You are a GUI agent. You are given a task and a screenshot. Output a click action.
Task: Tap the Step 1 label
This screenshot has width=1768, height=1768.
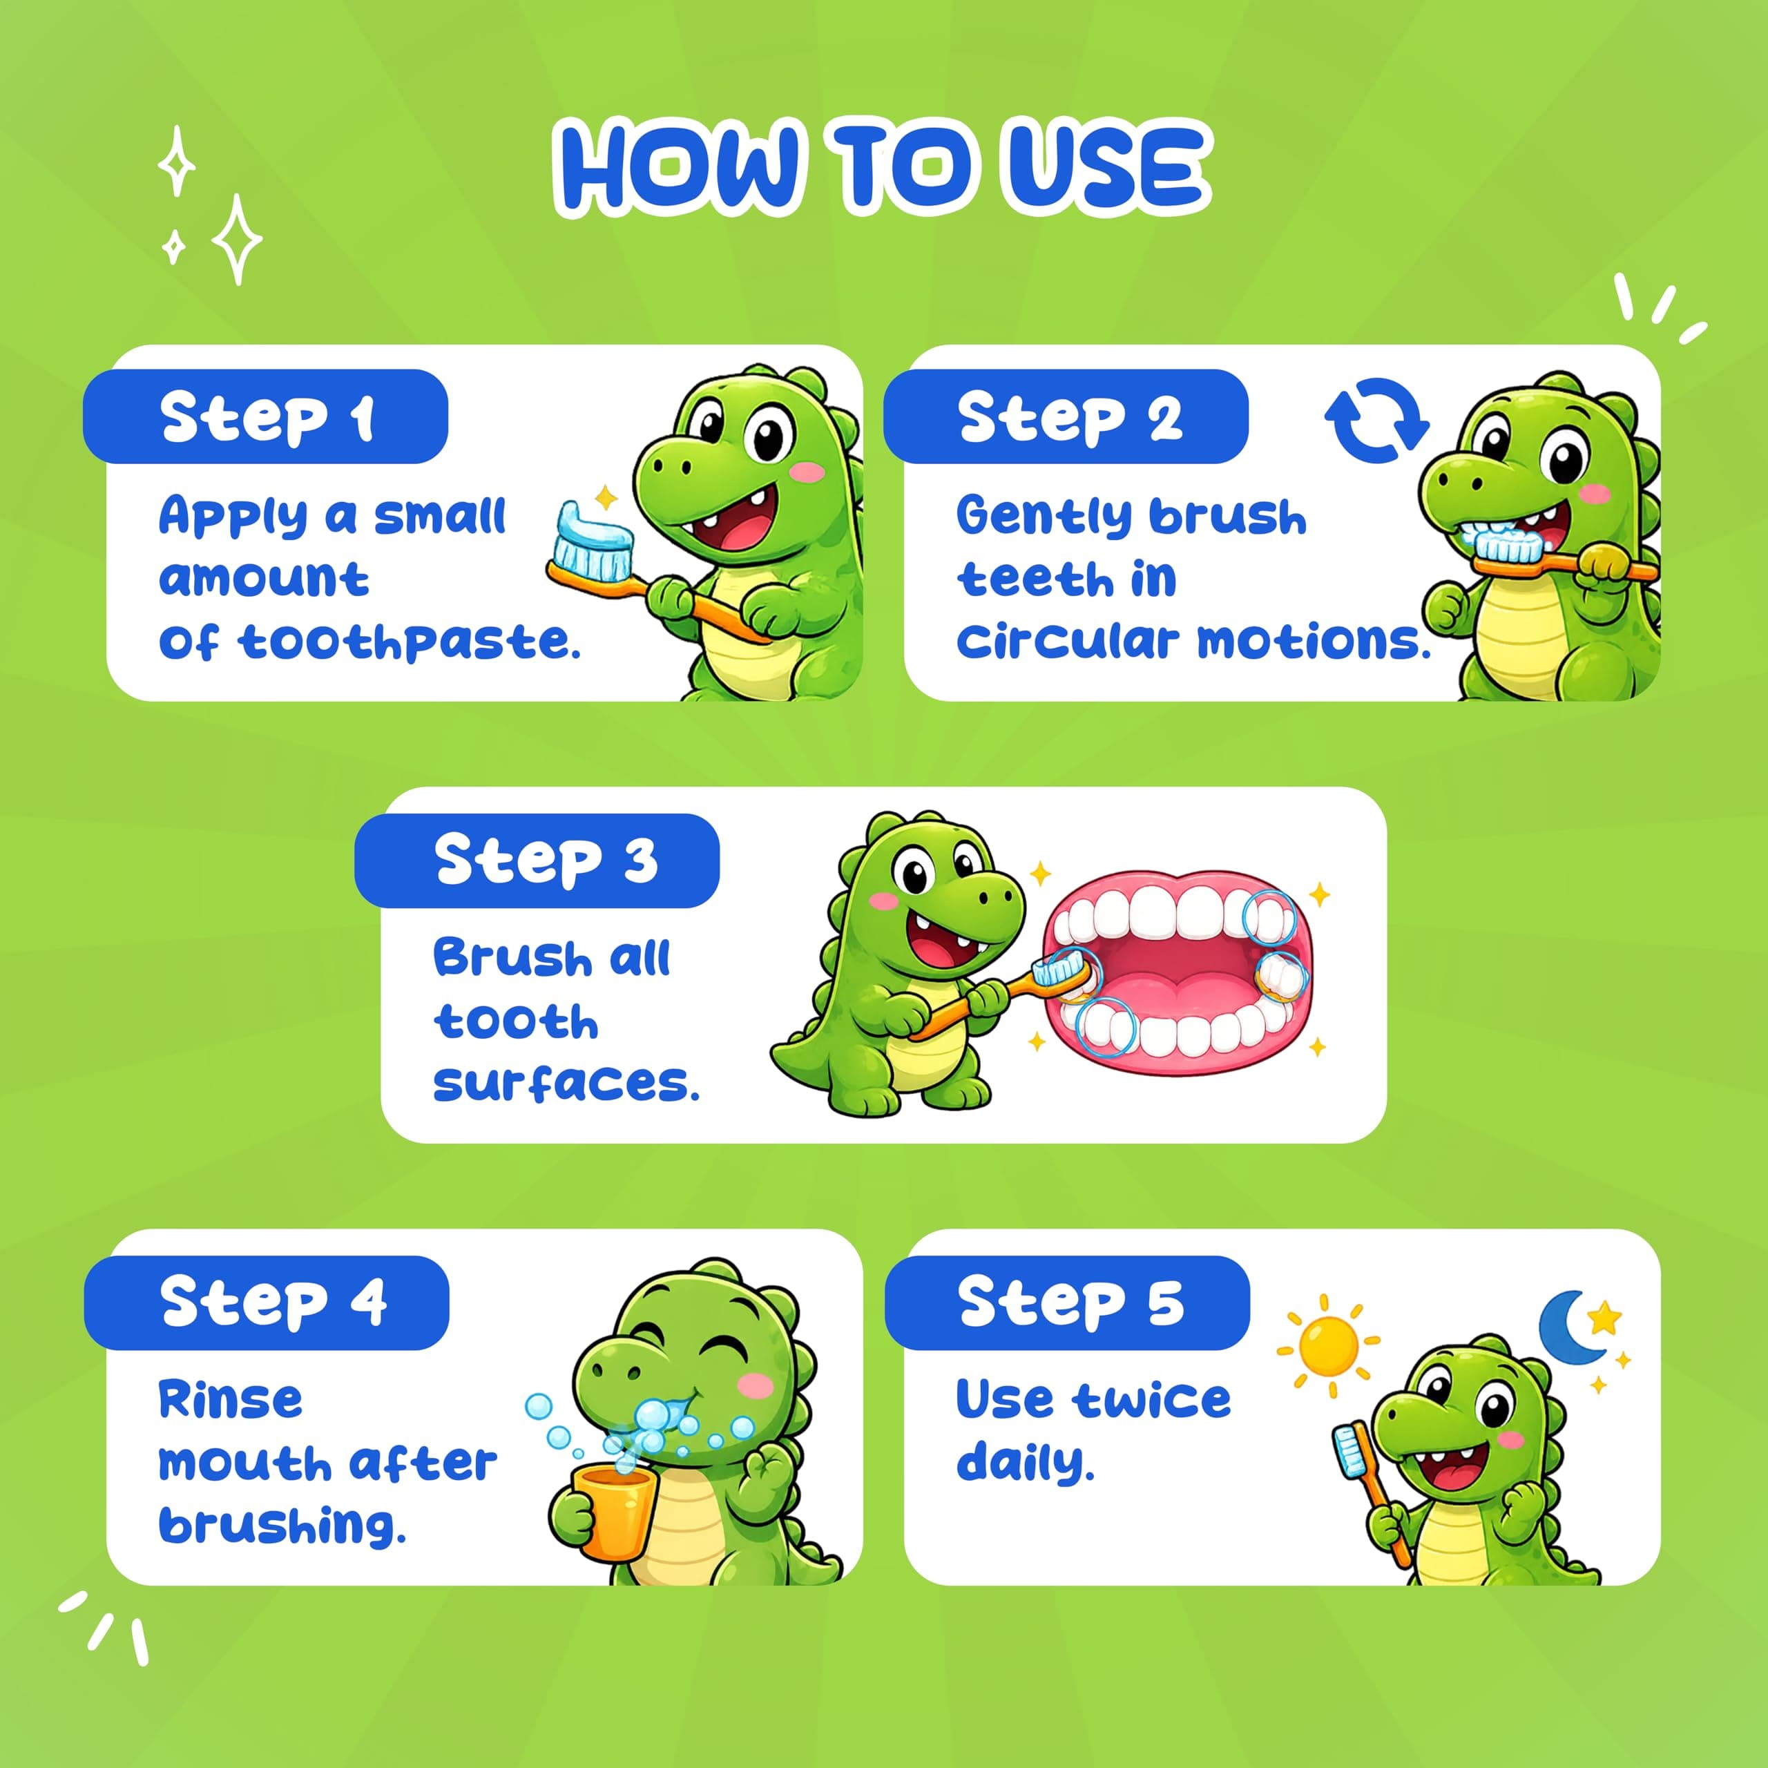(x=265, y=416)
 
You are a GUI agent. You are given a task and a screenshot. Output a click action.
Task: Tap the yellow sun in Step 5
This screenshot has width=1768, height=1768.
(x=1328, y=1345)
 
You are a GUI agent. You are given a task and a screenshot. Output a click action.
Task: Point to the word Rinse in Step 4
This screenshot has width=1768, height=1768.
(x=231, y=1399)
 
